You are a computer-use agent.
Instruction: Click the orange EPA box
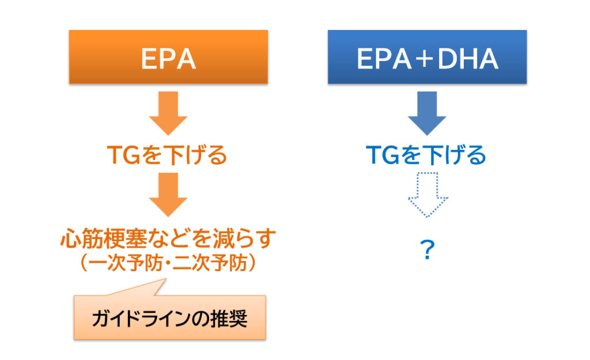[168, 57]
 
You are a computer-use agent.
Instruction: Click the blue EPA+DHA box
[427, 57]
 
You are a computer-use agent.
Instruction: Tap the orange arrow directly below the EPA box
[168, 113]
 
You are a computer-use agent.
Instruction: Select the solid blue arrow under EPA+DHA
[427, 113]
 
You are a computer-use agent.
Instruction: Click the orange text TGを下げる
[167, 155]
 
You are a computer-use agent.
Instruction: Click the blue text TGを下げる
[426, 155]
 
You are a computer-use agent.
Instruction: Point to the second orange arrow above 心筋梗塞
[168, 195]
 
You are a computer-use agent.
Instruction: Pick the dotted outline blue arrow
[428, 195]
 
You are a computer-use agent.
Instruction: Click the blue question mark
[428, 249]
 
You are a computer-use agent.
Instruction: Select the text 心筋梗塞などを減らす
[168, 238]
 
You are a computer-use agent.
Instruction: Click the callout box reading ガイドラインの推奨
[170, 317]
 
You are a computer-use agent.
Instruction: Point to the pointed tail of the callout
[165, 279]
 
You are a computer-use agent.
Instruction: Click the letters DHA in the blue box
[468, 59]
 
